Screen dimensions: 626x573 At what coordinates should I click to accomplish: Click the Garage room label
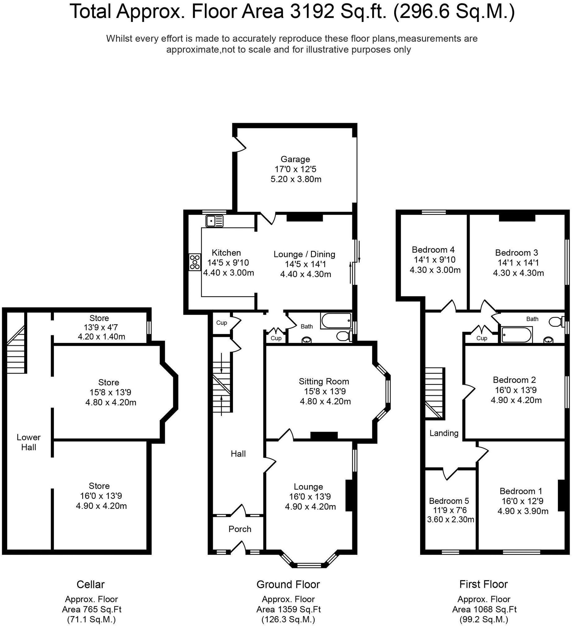(295, 159)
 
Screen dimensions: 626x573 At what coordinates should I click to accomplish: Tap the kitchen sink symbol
(214, 221)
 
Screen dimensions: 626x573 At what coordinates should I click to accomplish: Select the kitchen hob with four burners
(195, 262)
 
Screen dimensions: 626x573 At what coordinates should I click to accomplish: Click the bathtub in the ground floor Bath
(336, 321)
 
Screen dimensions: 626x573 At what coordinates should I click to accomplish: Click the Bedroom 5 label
(449, 501)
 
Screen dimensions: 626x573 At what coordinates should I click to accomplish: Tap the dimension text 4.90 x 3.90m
(523, 511)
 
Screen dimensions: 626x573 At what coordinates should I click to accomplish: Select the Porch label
(240, 529)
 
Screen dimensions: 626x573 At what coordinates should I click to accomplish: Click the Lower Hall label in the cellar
(28, 442)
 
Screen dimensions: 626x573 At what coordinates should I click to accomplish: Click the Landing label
(444, 433)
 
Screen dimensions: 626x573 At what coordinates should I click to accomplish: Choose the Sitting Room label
(324, 381)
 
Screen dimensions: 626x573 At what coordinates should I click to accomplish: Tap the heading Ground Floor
(288, 584)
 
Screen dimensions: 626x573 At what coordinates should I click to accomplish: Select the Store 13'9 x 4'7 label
(99, 318)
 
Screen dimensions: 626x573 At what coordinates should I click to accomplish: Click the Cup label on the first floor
(481, 338)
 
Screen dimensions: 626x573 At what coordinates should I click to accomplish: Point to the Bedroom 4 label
(433, 250)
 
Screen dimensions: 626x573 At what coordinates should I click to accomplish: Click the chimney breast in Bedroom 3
(517, 218)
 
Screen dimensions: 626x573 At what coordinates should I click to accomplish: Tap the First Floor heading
(483, 584)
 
